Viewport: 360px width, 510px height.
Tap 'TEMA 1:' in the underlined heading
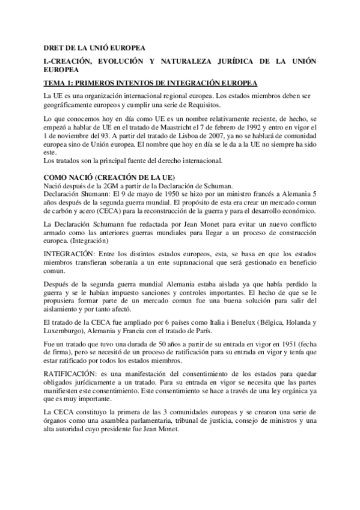pos(60,82)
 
